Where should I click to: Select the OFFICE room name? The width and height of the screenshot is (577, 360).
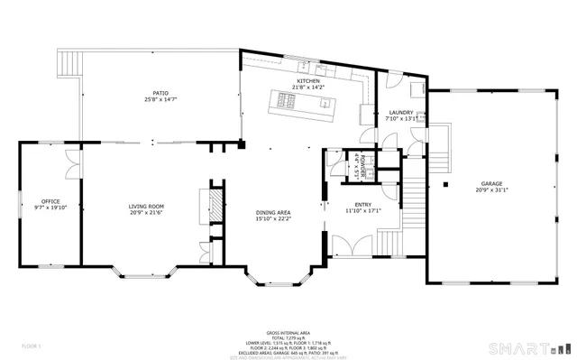(x=50, y=200)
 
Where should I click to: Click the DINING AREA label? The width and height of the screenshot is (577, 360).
(x=272, y=211)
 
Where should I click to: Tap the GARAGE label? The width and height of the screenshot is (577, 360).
(x=491, y=183)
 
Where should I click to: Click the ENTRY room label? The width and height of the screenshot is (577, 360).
(x=363, y=205)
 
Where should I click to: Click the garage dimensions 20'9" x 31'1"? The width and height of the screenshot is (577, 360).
(x=491, y=190)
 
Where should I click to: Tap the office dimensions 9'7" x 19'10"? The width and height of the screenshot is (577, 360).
(x=50, y=207)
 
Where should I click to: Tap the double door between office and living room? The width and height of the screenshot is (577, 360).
(x=74, y=162)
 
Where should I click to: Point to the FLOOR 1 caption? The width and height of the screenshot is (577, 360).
(x=32, y=345)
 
